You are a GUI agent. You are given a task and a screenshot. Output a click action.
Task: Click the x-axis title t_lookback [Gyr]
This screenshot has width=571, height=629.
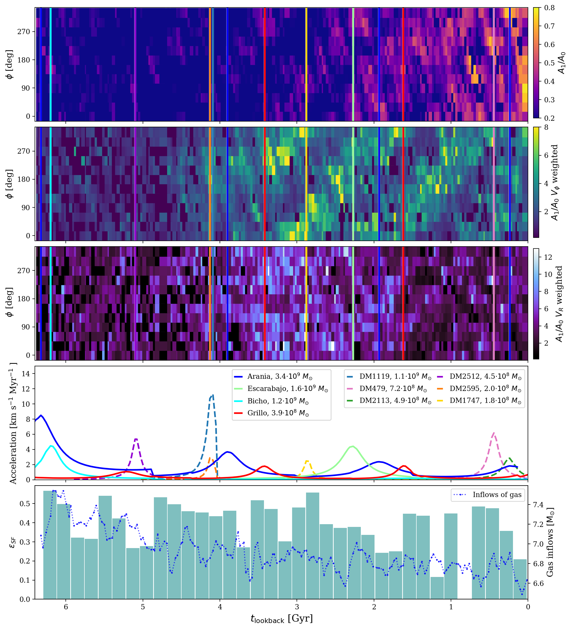(x=281, y=618)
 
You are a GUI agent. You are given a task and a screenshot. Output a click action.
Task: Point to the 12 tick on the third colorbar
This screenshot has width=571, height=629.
(x=548, y=257)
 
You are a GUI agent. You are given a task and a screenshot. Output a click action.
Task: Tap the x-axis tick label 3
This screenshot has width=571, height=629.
(x=297, y=607)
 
